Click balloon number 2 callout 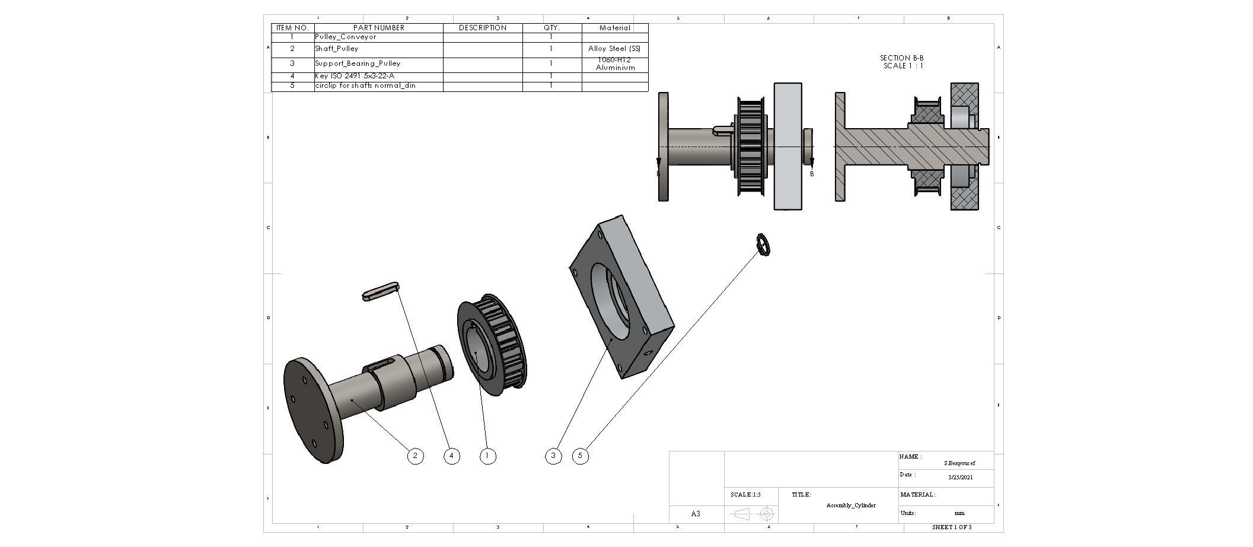[x=415, y=456]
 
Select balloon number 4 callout [x=452, y=456]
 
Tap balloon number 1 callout [x=487, y=456]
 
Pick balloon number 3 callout [x=553, y=456]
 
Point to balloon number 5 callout [x=581, y=456]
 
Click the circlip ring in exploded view [x=763, y=244]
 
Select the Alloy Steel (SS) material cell [x=614, y=49]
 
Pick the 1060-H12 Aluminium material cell [x=615, y=64]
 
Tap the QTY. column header [x=551, y=28]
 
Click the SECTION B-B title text [x=902, y=58]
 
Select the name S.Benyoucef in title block [x=959, y=463]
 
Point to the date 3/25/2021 [x=960, y=477]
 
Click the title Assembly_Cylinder [x=850, y=505]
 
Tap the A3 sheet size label [x=696, y=514]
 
